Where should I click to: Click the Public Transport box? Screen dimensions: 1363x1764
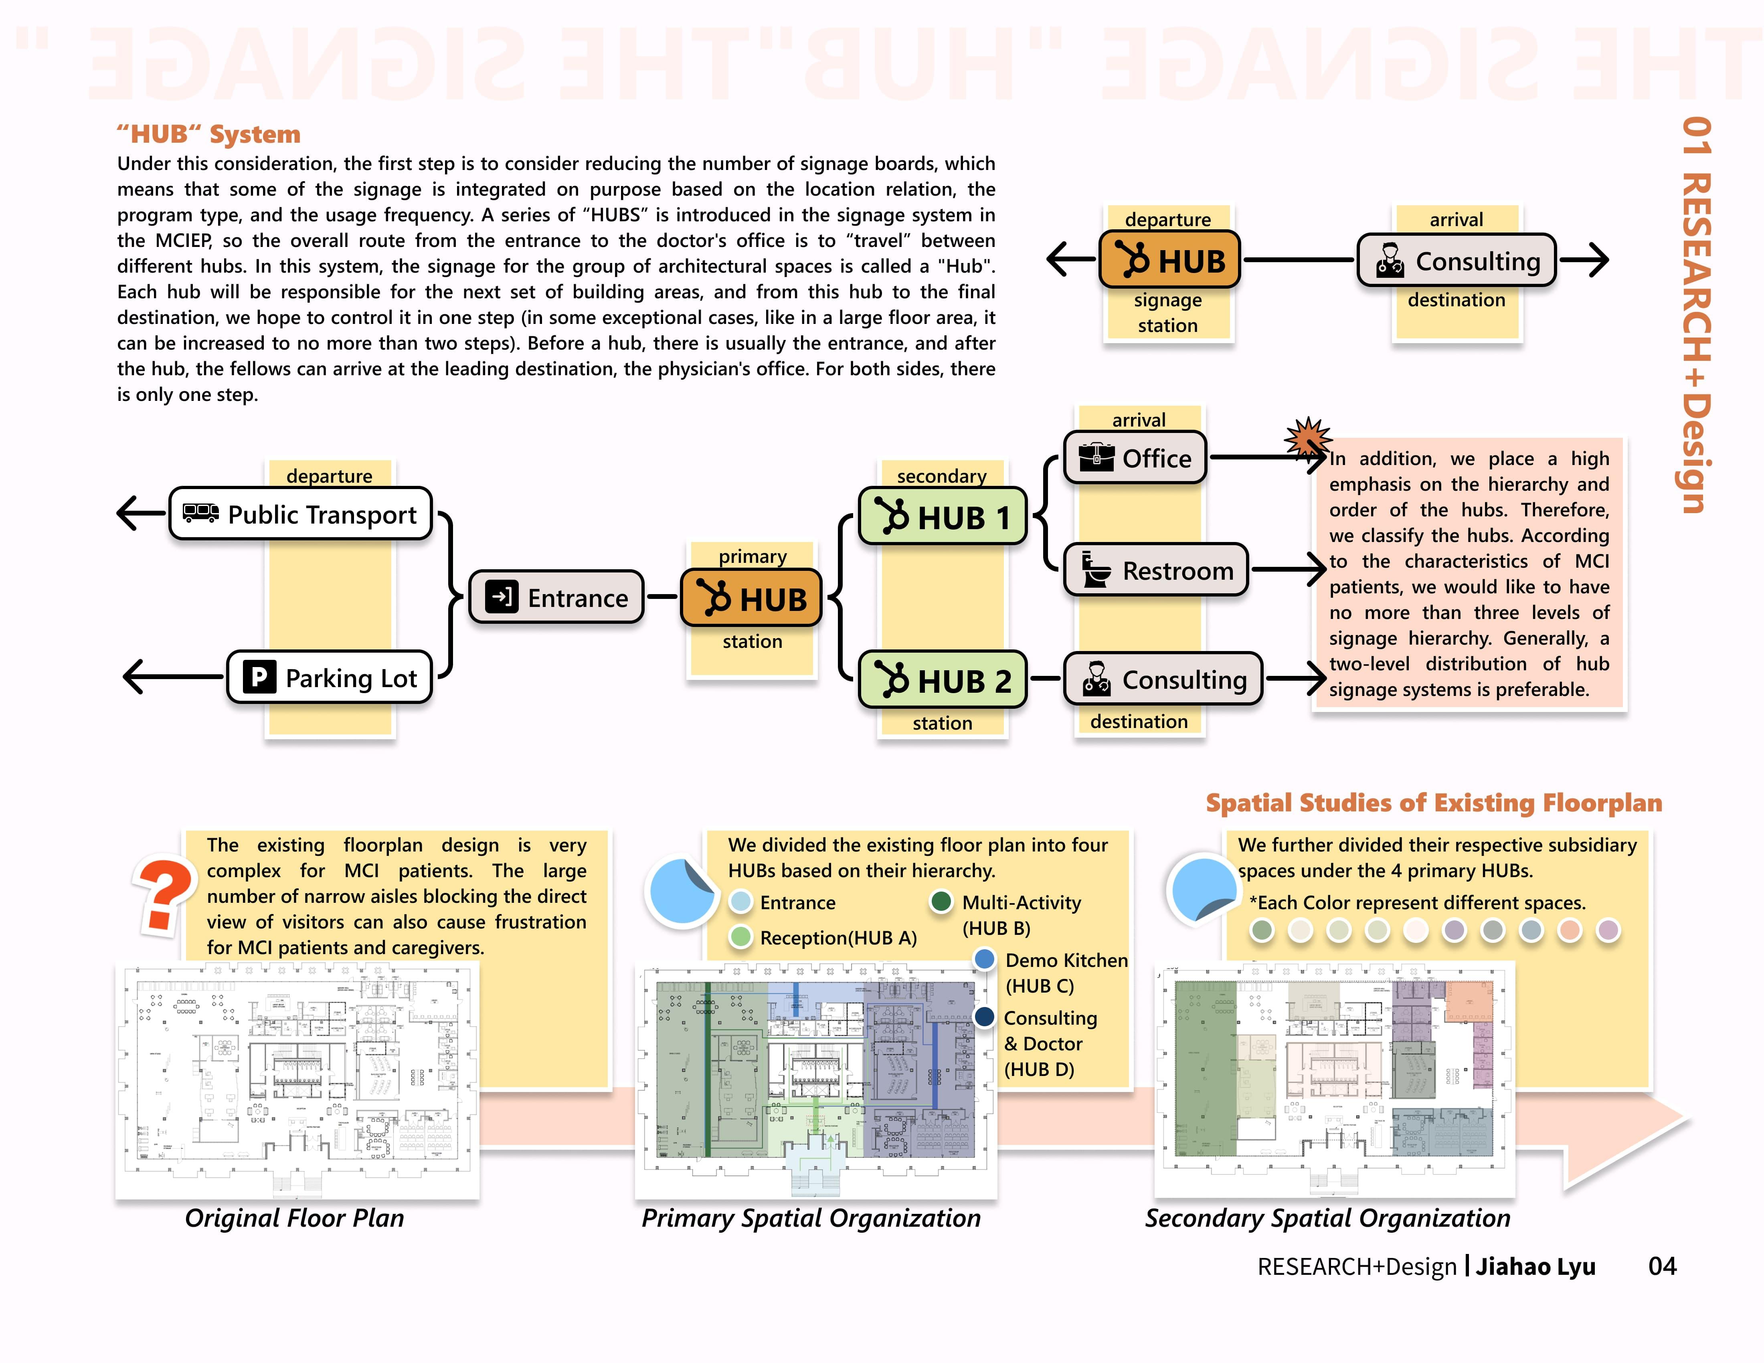pyautogui.click(x=300, y=514)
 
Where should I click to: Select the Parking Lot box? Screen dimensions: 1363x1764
pyautogui.click(x=330, y=677)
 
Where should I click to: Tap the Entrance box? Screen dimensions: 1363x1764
pyautogui.click(x=556, y=598)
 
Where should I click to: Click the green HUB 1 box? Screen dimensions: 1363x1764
pyautogui.click(x=942, y=517)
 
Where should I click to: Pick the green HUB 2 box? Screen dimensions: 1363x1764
pyautogui.click(x=942, y=680)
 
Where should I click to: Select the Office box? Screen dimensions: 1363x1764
pyautogui.click(x=1135, y=458)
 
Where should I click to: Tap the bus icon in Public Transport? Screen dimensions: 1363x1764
pyautogui.click(x=200, y=513)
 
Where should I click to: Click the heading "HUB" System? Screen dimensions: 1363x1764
pyautogui.click(x=208, y=134)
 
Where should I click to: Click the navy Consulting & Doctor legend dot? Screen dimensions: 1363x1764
pyautogui.click(x=984, y=1017)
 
